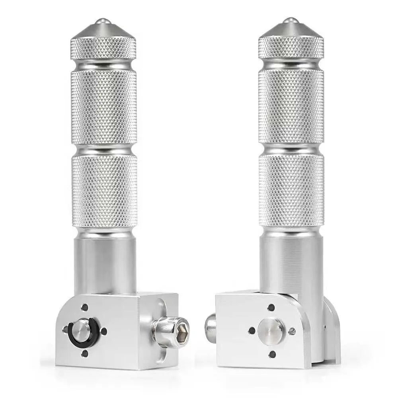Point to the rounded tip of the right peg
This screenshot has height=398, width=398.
pos(291,20)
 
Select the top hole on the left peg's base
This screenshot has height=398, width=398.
pos(85,307)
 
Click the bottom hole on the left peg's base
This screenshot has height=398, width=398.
pos(85,352)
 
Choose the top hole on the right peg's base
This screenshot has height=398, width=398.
pos(271,308)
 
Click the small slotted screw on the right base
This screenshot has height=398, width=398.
pos(293,331)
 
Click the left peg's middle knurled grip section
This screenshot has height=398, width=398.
pos(104,107)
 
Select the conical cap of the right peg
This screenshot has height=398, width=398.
pos(291,29)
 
